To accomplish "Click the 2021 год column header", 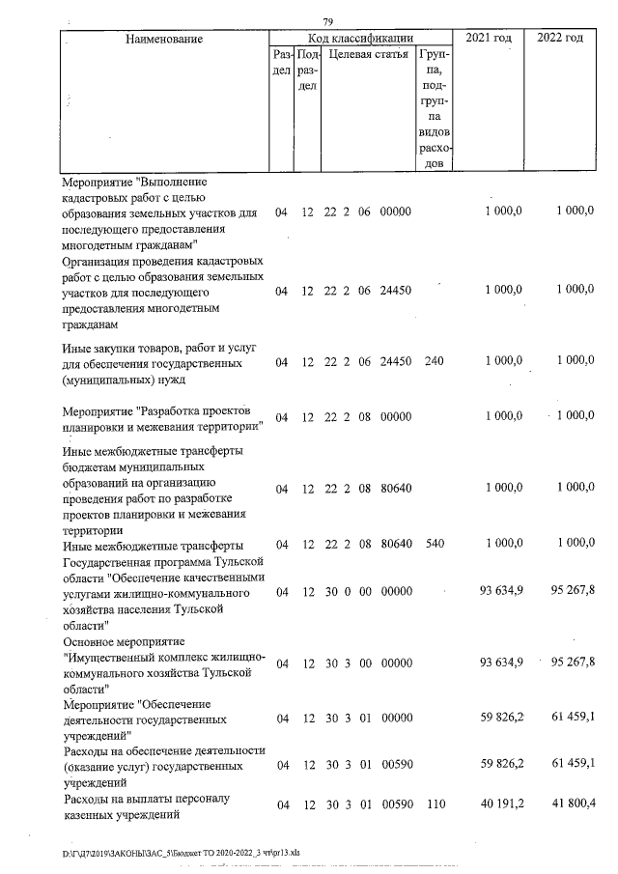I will pyautogui.click(x=489, y=38).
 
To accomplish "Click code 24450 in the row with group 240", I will pyautogui.click(x=397, y=360).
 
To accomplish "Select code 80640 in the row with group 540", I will pyautogui.click(x=397, y=544).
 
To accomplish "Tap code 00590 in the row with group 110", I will pyautogui.click(x=397, y=804).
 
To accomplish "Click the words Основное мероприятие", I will pyautogui.click(x=123, y=641).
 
